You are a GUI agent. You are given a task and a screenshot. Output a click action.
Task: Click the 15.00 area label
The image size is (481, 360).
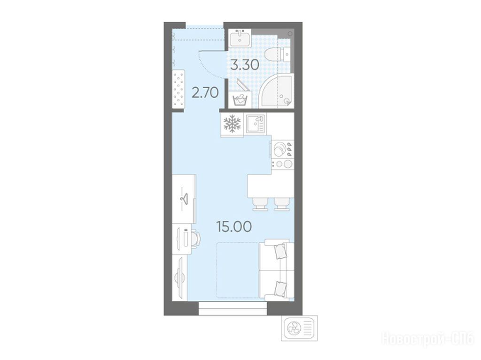point(234,226)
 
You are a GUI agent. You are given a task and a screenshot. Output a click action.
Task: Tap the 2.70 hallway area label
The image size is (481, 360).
point(205,92)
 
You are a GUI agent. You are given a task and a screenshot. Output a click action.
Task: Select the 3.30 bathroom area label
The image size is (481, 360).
point(245,65)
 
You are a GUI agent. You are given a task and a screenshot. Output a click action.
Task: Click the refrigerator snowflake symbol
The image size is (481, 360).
point(232,123)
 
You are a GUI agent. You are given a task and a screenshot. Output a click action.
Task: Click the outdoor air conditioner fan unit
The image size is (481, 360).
point(299,329)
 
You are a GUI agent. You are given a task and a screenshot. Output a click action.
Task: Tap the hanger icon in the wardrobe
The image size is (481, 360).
point(184,199)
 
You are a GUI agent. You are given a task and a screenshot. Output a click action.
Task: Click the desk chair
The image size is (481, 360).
point(195,238)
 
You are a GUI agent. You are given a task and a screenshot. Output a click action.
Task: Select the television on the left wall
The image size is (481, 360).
point(180,279)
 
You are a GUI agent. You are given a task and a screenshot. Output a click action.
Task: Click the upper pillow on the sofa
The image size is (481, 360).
point(280,251)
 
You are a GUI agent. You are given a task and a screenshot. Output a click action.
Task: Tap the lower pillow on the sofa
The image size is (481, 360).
point(280,289)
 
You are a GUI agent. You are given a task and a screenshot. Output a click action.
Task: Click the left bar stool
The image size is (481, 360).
point(260,204)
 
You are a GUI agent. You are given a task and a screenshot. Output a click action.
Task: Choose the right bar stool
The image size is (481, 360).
point(282,204)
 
